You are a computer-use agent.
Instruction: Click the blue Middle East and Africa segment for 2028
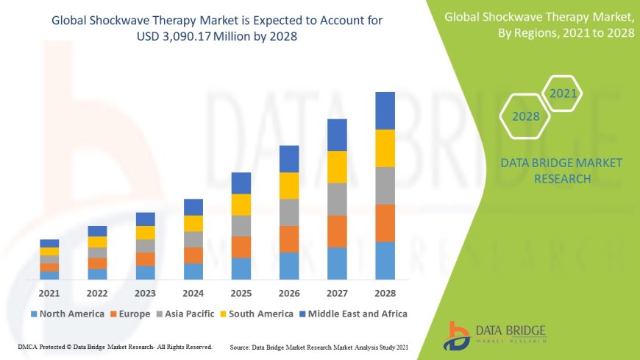(x=385, y=110)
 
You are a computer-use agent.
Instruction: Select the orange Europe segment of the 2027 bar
(x=337, y=231)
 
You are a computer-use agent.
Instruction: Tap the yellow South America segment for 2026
(x=289, y=186)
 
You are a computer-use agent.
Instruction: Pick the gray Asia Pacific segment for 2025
(x=241, y=225)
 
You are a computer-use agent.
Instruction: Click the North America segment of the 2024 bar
(x=193, y=272)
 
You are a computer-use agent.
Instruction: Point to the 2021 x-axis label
(x=49, y=292)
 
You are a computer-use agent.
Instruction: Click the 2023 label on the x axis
(x=146, y=292)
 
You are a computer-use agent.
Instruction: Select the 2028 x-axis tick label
(x=385, y=292)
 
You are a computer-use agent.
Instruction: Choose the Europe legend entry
(x=132, y=314)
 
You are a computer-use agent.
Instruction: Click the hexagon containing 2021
(x=563, y=93)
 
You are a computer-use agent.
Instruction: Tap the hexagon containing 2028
(x=525, y=116)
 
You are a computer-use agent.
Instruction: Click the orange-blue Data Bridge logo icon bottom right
(x=458, y=335)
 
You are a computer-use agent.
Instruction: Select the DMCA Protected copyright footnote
(x=115, y=346)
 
